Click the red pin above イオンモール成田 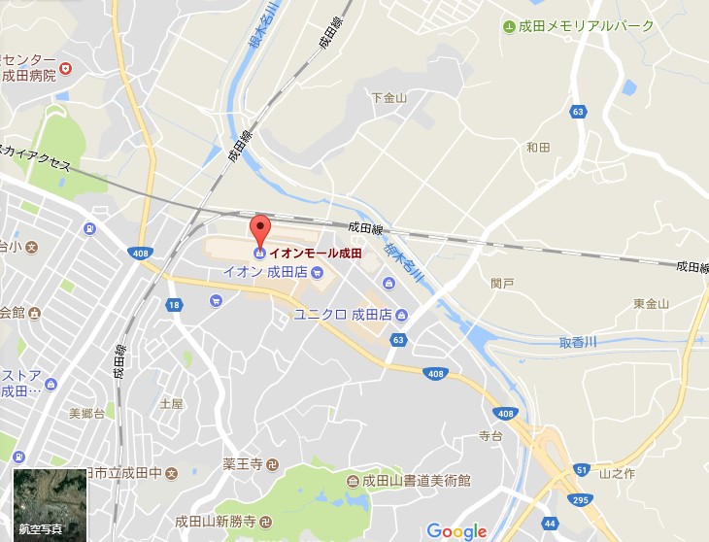coord(259,230)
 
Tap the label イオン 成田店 coord(265,271)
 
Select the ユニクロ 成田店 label coord(342,315)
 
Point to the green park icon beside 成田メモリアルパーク coord(509,25)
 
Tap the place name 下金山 coord(388,97)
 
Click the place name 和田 coord(537,148)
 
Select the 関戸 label coord(502,284)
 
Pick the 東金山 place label coord(652,304)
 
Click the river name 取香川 coord(577,343)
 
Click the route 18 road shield coord(174,305)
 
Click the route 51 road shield coord(582,470)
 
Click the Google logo coord(456,530)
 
